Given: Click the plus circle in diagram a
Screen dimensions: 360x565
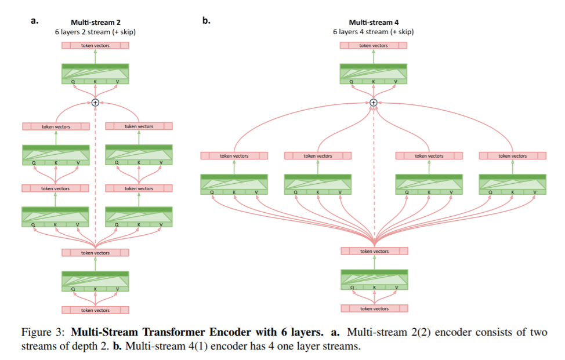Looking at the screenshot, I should (96, 103).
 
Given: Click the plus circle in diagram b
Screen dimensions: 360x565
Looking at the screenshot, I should (374, 103).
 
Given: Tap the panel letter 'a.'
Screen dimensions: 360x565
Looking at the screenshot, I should (34, 21).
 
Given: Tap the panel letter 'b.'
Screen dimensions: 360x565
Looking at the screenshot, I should (207, 21).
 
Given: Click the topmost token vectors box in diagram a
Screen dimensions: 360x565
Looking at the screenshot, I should (95, 45).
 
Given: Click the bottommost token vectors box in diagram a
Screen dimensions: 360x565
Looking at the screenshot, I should (95, 310).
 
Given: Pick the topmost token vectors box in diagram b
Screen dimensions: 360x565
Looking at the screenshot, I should (374, 45).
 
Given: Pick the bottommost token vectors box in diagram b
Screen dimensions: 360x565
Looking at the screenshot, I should (374, 308).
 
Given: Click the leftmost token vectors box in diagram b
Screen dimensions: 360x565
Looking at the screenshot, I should (234, 156).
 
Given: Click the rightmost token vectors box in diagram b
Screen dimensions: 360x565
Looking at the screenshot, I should (513, 156).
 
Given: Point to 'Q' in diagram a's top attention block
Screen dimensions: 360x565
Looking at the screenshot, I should (74, 82).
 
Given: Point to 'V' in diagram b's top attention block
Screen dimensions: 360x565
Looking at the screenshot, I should (396, 82).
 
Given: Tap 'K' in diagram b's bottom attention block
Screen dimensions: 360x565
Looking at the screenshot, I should (374, 287).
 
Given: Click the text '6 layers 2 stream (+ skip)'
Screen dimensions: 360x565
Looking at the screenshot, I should (96, 32).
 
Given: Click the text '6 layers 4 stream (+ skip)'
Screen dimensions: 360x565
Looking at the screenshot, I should (374, 32).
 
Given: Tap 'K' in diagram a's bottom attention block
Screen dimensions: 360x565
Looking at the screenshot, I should (96, 289).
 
